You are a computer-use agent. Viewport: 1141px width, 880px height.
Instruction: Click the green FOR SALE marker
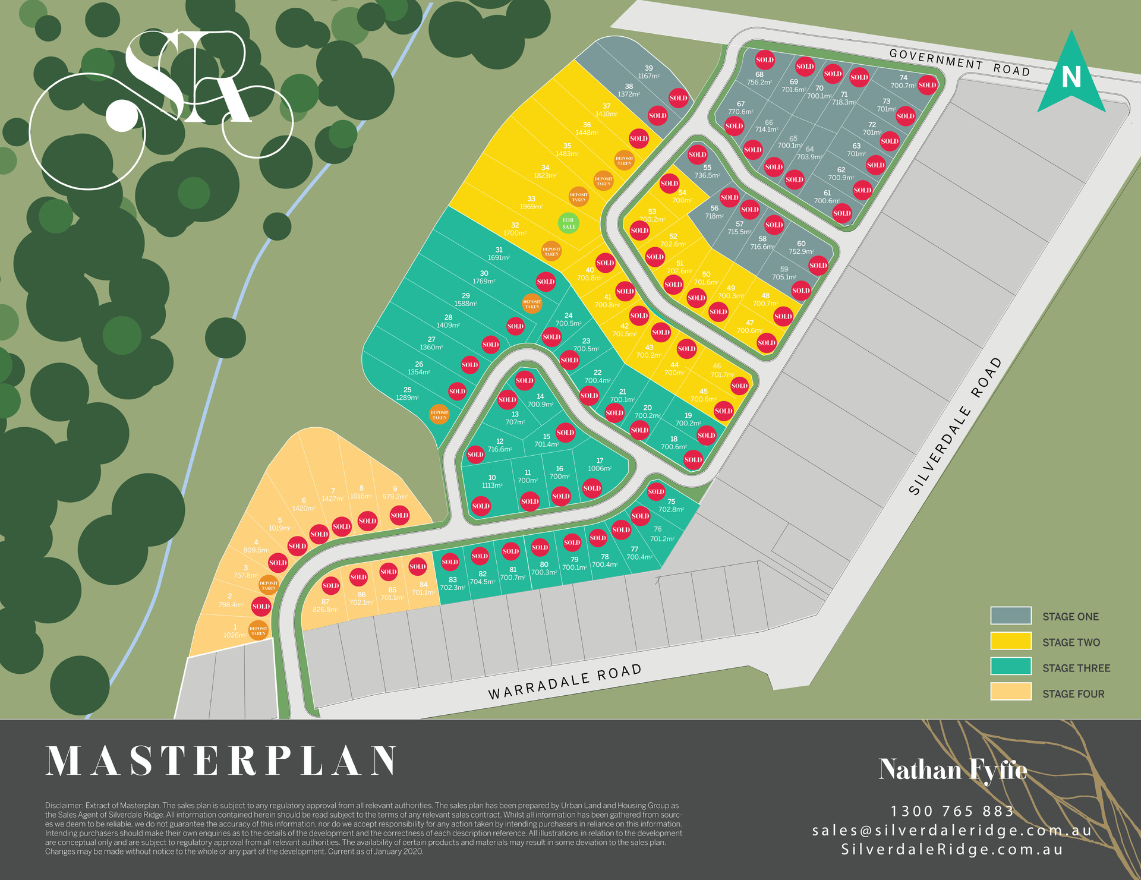[x=569, y=223]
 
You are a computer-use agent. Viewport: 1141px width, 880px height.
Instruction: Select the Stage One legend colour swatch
[x=1010, y=616]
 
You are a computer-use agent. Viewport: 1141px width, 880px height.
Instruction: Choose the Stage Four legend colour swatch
[x=1010, y=692]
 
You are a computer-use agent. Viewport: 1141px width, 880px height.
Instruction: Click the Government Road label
[x=959, y=62]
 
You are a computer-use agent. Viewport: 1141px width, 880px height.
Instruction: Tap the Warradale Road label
[x=565, y=682]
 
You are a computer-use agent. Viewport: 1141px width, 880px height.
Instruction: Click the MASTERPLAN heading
[x=221, y=761]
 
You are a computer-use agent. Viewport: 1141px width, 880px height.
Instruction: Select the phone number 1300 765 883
[x=952, y=811]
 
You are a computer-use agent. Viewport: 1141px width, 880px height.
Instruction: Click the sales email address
[x=952, y=830]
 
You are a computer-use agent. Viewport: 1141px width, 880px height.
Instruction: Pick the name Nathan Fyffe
[x=953, y=770]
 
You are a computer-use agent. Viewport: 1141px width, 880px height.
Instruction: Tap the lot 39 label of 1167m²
[x=648, y=72]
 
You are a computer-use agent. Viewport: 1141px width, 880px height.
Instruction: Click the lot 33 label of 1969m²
[x=531, y=203]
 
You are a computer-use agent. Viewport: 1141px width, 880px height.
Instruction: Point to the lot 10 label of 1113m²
[x=492, y=481]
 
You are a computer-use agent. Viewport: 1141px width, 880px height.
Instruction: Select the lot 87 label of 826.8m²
[x=325, y=605]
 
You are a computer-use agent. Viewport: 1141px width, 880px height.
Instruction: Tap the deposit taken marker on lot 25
[x=439, y=415]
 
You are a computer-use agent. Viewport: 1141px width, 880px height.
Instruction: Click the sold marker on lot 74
[x=927, y=85]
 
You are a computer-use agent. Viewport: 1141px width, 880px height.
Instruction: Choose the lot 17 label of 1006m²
[x=600, y=465]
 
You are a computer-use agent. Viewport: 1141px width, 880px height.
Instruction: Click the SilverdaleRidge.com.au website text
[x=952, y=849]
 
